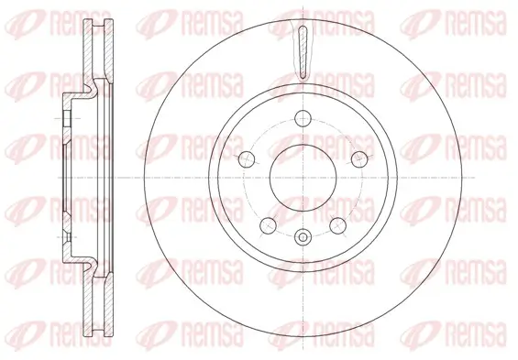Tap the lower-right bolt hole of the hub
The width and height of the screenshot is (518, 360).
(338, 223)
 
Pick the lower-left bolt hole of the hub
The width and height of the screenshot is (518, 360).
(269, 223)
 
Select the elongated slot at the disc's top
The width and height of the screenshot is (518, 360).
(303, 51)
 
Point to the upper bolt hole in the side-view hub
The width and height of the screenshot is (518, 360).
(66, 120)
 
